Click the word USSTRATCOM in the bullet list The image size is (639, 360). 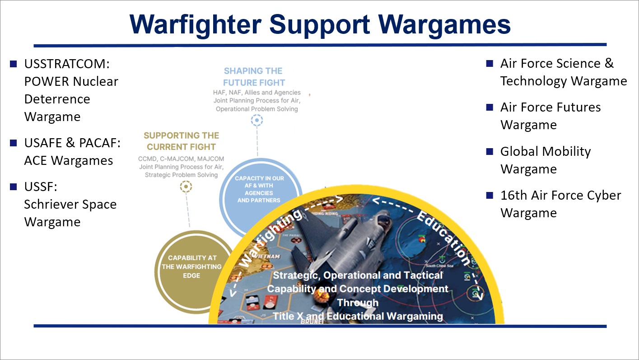[67, 64]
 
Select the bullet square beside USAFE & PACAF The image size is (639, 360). [14, 143]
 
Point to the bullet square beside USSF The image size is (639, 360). [14, 187]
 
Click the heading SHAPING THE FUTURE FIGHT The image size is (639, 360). [254, 77]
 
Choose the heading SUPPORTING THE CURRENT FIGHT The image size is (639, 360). [181, 141]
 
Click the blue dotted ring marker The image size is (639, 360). [257, 120]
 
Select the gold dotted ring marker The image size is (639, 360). [186, 186]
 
